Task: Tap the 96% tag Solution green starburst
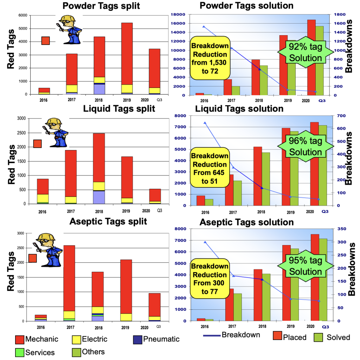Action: click(306, 147)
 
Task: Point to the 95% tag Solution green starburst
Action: click(306, 266)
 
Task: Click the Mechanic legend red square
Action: click(20, 340)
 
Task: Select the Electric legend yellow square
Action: click(76, 340)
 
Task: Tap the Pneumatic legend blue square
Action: click(138, 340)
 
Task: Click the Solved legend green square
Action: click(319, 337)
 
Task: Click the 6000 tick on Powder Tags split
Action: click(22, 15)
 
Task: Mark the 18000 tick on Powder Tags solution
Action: click(180, 14)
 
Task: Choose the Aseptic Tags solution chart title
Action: click(246, 222)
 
